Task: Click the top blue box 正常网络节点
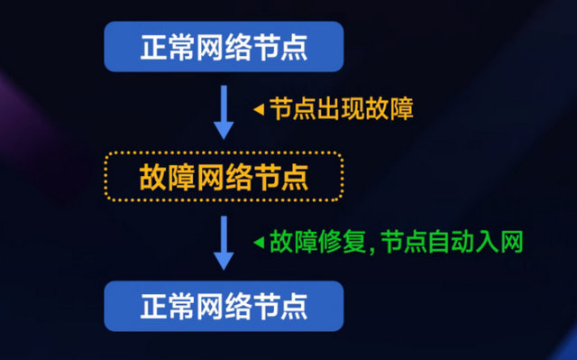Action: click(x=224, y=46)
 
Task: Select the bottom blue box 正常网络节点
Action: click(x=224, y=306)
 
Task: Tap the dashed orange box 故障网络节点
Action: click(x=224, y=176)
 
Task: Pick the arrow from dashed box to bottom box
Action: click(x=224, y=241)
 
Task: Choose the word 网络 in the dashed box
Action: click(x=224, y=177)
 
